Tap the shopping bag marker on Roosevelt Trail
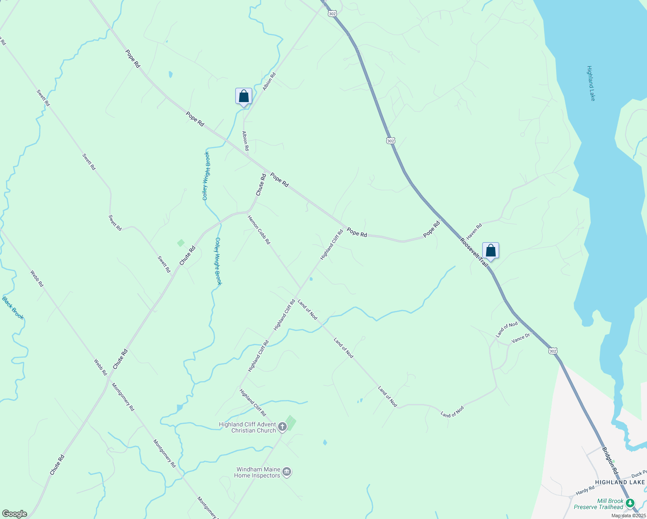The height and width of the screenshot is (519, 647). coord(490,251)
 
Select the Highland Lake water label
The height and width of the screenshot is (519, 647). coord(591,83)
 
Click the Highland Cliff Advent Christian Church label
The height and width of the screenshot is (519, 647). coord(247,427)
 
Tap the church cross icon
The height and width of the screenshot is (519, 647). coord(282,427)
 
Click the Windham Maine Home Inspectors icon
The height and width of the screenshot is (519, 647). coord(287,472)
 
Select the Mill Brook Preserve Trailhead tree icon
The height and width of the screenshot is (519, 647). coord(630,503)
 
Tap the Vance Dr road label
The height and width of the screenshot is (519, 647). coord(520,338)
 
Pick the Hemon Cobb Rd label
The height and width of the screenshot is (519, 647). coord(259,230)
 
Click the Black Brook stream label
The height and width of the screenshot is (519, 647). coord(13,308)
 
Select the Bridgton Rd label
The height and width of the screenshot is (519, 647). coord(610,461)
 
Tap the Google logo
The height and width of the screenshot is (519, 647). coord(14,514)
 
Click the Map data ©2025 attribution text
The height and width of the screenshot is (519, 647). coord(628,516)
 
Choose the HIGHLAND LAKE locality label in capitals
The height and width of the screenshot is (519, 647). coord(620,482)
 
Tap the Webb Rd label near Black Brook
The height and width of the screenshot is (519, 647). coord(37,279)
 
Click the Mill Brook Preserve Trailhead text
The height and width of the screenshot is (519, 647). coord(599,504)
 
